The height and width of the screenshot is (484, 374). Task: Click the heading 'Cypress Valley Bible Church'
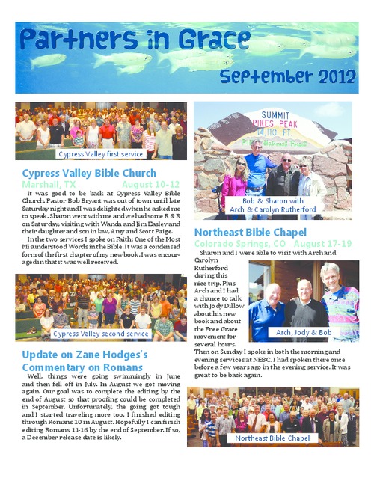[x=90, y=174]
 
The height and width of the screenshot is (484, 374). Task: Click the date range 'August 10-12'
[x=150, y=184]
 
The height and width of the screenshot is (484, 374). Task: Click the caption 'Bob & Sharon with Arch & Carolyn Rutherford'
[x=272, y=205]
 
